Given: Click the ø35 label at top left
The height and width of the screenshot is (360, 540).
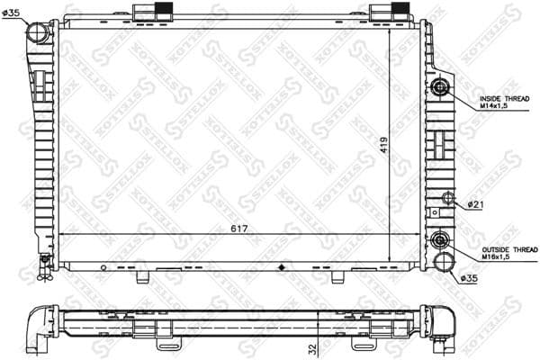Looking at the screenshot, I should click(x=12, y=12).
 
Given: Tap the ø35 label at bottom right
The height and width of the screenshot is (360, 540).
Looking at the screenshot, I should click(x=469, y=278).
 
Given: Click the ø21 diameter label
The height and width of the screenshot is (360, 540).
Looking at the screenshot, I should click(x=476, y=205).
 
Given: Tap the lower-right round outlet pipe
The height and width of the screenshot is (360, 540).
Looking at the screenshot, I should click(x=443, y=262).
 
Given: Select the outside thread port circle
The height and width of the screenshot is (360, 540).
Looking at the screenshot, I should click(x=440, y=240).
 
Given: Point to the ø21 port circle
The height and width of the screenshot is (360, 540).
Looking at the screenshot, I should click(x=446, y=200).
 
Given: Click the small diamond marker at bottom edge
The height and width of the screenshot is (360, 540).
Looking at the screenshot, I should click(x=283, y=267).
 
